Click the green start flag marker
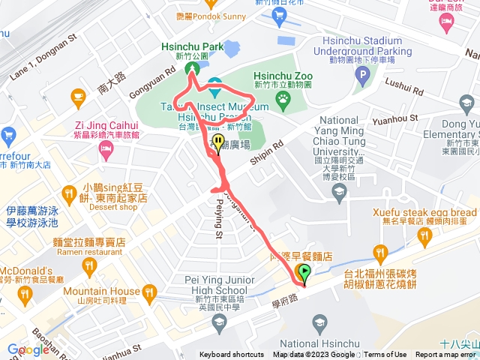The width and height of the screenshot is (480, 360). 304,274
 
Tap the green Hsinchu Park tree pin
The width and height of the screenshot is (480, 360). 193,69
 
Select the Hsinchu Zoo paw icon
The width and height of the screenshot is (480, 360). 283,97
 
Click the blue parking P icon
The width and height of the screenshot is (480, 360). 363,75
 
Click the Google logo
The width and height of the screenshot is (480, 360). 28,349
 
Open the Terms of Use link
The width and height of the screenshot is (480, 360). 385,355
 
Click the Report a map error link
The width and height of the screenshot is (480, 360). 445,355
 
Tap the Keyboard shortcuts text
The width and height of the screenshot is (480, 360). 232,355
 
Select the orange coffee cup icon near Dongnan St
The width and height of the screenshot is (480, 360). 77,95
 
